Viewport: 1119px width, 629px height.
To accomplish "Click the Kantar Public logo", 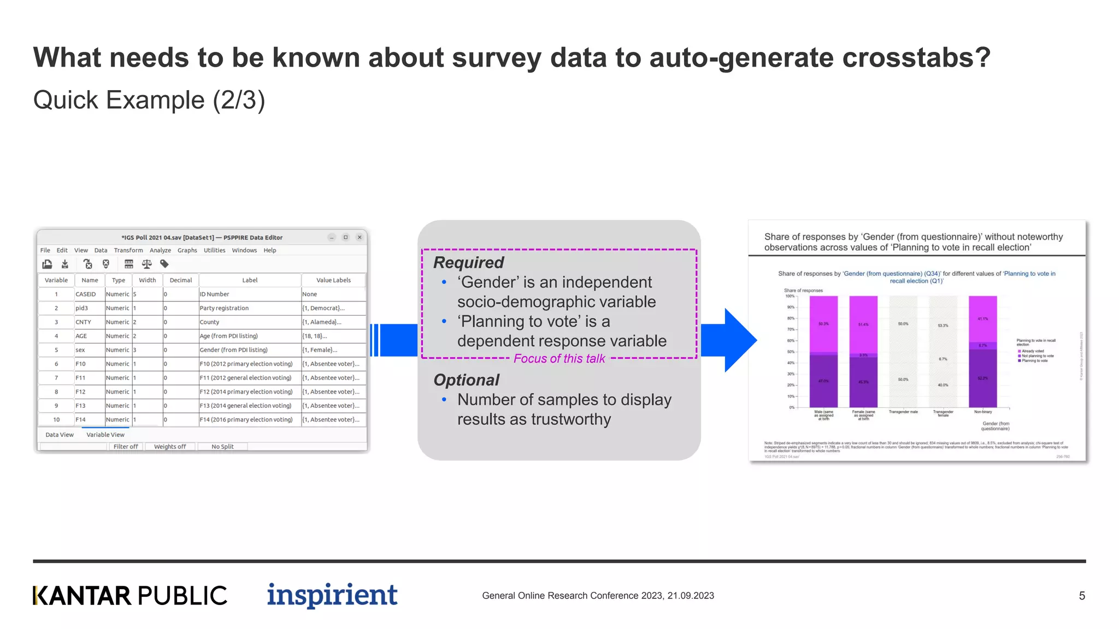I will [x=130, y=596].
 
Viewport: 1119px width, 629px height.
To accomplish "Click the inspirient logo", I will [x=332, y=595].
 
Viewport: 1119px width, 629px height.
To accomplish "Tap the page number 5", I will [x=1081, y=596].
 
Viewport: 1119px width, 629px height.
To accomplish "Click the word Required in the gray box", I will [x=468, y=263].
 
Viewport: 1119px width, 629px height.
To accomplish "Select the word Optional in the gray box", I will [x=466, y=380].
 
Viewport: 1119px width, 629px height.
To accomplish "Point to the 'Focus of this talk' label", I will [x=559, y=359].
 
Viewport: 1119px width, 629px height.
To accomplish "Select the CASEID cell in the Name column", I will [x=86, y=294].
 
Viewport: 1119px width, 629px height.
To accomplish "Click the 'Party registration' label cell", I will [x=224, y=308].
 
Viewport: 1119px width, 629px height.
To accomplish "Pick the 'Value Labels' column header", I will [x=333, y=280].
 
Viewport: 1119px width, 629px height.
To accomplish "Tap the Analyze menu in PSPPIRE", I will [x=160, y=251].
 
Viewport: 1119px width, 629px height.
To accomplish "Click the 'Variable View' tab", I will [x=105, y=435].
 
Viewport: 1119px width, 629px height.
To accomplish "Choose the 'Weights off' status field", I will [x=170, y=447].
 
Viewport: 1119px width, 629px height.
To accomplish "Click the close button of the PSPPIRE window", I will [x=360, y=238].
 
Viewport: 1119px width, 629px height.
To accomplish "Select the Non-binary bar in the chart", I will [x=982, y=352].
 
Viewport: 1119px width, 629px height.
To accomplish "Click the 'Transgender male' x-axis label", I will [x=903, y=412].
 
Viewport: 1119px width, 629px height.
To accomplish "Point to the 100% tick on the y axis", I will [x=790, y=296].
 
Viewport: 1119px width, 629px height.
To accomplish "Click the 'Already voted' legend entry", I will [x=1032, y=351].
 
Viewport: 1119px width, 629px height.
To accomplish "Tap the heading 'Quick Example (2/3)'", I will [x=149, y=100].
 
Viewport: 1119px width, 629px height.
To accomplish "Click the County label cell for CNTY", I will [x=209, y=322].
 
